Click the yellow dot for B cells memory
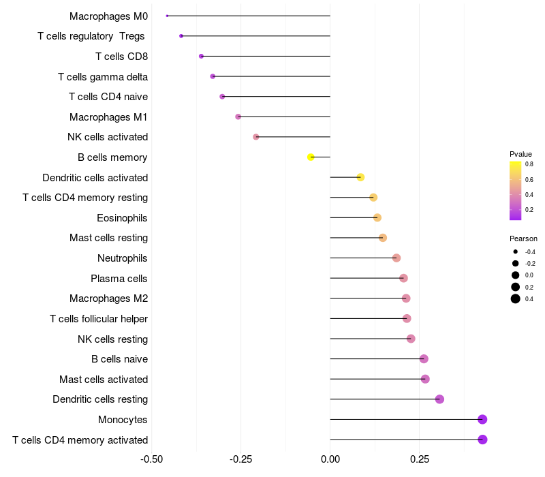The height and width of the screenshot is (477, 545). pos(311,157)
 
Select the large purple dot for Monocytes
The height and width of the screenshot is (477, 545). pos(482,420)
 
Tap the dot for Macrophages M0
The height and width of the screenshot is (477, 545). pos(167,16)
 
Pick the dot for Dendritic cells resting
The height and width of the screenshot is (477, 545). pos(439,399)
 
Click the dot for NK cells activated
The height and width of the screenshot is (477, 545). pos(256,137)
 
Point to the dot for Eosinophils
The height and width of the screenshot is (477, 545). pos(377,218)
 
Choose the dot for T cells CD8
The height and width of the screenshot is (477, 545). pos(201,56)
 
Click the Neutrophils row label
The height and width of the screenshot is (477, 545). pos(123,258)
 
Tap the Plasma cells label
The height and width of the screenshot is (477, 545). pos(119,279)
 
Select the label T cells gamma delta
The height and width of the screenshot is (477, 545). pos(103,77)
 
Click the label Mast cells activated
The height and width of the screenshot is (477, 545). pos(104,380)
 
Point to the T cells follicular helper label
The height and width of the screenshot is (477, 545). pos(99,319)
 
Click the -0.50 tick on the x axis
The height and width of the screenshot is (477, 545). pos(152,459)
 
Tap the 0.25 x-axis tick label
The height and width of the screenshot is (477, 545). pos(420,459)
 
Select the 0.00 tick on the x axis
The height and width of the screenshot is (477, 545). pos(330,459)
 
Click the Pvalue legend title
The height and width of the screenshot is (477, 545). pos(521,154)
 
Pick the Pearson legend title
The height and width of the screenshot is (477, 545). pos(523,239)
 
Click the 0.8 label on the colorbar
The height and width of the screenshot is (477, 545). pos(529,164)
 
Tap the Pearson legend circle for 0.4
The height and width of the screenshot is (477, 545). pos(516,298)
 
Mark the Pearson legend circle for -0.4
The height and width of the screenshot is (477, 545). pos(516,252)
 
